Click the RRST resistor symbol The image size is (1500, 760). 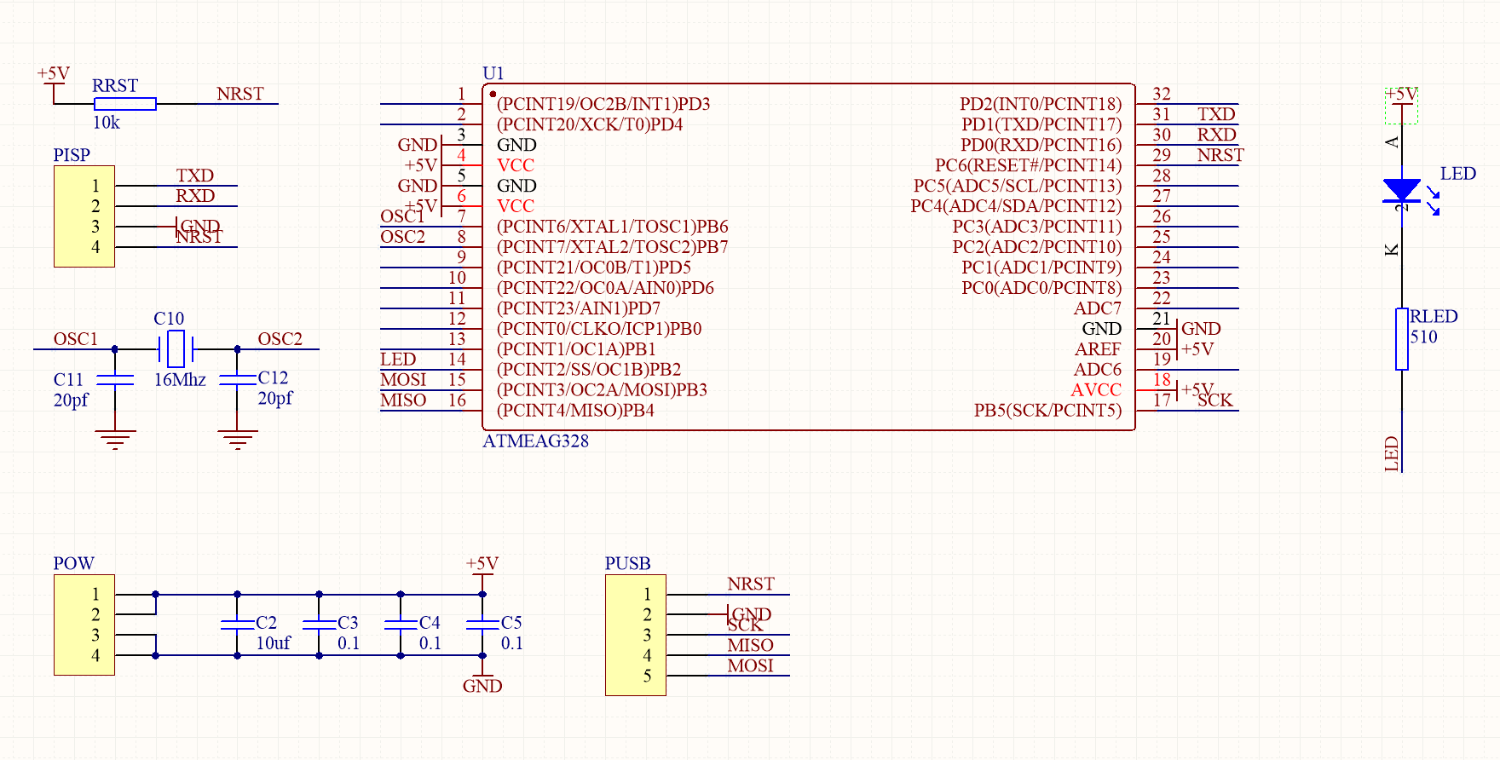pyautogui.click(x=124, y=104)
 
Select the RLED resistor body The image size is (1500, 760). pyautogui.click(x=1401, y=339)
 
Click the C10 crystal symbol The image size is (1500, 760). pyautogui.click(x=176, y=348)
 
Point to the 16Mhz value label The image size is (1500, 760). pyautogui.click(x=180, y=380)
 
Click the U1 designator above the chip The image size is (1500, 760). pyautogui.click(x=493, y=73)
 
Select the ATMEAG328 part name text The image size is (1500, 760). pyautogui.click(x=535, y=441)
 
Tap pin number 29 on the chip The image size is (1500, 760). pyautogui.click(x=1161, y=155)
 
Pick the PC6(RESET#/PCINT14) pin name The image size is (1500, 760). pyautogui.click(x=1028, y=165)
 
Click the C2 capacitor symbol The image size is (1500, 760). pyautogui.click(x=237, y=625)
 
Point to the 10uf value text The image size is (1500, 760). pyautogui.click(x=273, y=643)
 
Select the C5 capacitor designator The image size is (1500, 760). pyautogui.click(x=511, y=623)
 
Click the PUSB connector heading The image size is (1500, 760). pyautogui.click(x=627, y=563)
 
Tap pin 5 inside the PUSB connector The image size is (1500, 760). pyautogui.click(x=647, y=676)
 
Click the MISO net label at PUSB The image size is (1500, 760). pyautogui.click(x=750, y=646)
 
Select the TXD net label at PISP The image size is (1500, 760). pyautogui.click(x=194, y=176)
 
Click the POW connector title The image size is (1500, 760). pyautogui.click(x=73, y=563)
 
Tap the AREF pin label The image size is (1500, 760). pyautogui.click(x=1097, y=349)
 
